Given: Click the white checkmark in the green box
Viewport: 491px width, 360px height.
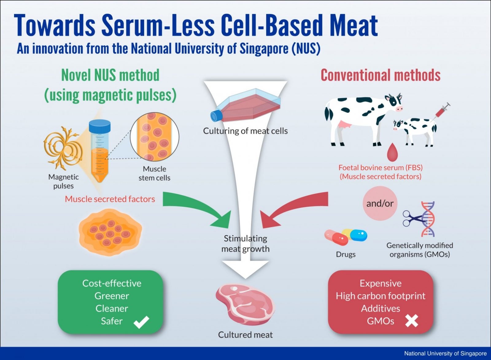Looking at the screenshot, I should point(141,322).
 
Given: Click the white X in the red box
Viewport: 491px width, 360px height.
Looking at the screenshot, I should point(412,321).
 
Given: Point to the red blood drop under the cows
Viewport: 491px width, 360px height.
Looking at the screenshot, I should point(392,152).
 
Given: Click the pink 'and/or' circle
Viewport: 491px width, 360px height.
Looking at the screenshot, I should point(380,203).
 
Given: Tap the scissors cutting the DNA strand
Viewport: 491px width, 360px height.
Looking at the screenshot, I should point(413,218).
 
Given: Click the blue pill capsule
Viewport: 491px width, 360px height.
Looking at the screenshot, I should point(358,235).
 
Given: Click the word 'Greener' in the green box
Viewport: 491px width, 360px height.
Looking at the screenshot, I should point(112,296).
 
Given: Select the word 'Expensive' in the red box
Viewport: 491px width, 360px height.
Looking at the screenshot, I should point(381,283).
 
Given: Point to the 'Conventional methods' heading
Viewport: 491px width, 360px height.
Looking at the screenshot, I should point(381,75).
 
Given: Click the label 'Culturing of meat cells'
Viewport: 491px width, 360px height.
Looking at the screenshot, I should point(245,131).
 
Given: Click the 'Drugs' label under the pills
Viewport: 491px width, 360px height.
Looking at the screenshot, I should point(346,254).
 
